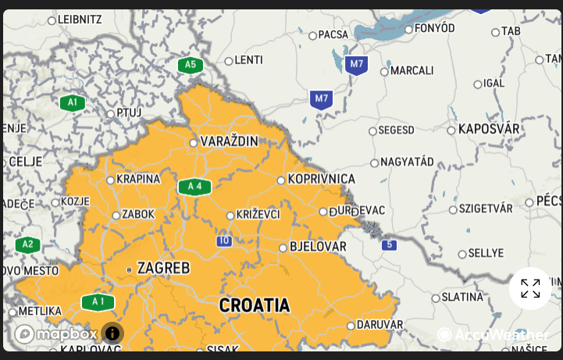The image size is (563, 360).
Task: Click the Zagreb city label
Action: [x=163, y=268]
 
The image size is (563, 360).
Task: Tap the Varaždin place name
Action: [x=229, y=141]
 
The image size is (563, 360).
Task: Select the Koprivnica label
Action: [x=321, y=180]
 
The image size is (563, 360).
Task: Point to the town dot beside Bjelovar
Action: [x=283, y=248]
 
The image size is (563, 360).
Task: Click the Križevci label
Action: [x=258, y=215]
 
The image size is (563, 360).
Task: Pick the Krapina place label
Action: [x=138, y=179]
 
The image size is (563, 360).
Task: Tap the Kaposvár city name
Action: [x=488, y=129]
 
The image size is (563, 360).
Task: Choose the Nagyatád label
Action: [x=407, y=162]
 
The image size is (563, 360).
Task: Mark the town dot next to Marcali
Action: [x=384, y=71]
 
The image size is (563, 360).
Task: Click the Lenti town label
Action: [x=248, y=60]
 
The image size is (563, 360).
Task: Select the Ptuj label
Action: [x=129, y=112]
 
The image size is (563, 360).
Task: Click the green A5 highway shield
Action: [x=190, y=64]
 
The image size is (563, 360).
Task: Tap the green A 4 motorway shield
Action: [x=194, y=186]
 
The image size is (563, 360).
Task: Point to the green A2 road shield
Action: [x=27, y=244]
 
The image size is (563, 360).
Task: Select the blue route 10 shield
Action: [x=224, y=241]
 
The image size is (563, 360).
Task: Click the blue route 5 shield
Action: [x=388, y=245]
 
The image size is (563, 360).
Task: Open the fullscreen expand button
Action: [x=530, y=288]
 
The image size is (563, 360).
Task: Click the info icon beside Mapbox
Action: [x=112, y=333]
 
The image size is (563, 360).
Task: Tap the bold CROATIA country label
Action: [x=254, y=305]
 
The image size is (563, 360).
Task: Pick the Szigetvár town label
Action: [x=485, y=209]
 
